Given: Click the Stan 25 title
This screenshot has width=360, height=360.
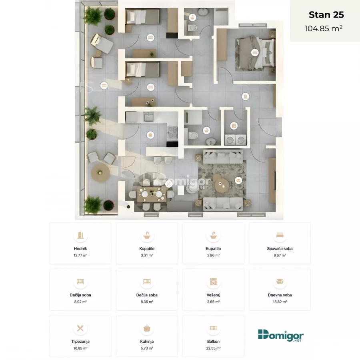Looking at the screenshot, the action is [326, 15].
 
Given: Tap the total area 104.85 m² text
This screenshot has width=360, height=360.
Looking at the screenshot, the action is [324, 28].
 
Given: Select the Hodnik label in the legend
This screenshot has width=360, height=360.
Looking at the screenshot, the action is [80, 248].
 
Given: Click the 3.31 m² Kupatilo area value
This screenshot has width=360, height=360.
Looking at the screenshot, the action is [147, 255].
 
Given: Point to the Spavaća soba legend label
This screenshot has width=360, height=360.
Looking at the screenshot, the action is [280, 248].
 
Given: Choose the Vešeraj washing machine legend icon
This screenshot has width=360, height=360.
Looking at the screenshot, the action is [213, 282].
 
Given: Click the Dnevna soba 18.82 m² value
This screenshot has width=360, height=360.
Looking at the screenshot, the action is [280, 302].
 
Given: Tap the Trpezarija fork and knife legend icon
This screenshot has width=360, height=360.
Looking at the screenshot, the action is [80, 328].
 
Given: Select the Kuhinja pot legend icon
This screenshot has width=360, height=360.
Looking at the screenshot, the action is [147, 328].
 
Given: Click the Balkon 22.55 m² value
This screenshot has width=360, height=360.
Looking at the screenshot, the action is [213, 348].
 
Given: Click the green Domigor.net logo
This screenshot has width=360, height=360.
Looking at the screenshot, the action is [280, 336].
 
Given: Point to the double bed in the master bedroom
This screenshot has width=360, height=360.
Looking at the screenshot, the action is [255, 54].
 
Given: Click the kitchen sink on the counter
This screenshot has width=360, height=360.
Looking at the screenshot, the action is [149, 117].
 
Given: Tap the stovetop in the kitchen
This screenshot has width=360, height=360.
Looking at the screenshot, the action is [172, 132].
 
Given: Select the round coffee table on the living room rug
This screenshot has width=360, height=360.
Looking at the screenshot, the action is [221, 185].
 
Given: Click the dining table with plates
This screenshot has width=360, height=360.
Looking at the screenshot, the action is [152, 194].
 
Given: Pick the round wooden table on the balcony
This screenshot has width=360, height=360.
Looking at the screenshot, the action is [100, 173].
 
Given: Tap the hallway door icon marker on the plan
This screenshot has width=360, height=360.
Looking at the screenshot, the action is [246, 96].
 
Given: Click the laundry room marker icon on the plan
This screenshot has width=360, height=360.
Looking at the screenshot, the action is [234, 126].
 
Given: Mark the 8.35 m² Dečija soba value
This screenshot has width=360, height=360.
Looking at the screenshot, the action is [147, 302].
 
